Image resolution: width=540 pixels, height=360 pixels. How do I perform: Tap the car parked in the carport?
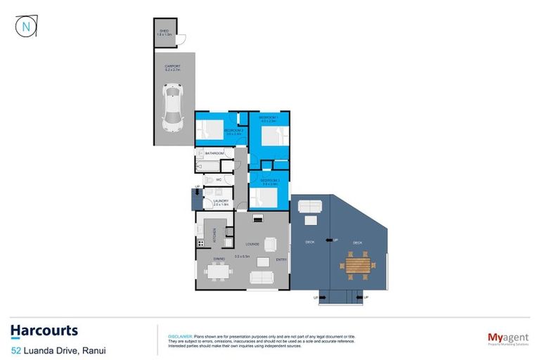173,108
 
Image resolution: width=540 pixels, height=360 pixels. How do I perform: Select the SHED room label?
164,32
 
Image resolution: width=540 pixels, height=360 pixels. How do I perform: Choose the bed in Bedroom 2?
209,128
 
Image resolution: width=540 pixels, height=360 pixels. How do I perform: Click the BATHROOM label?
214,153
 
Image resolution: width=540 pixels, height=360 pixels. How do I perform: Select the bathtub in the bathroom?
209,166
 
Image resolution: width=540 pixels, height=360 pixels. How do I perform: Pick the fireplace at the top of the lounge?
258,219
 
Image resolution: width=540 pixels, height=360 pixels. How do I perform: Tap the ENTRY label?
281,259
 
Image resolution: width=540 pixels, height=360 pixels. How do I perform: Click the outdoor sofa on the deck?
309,206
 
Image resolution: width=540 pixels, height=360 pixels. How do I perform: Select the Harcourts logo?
44,330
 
